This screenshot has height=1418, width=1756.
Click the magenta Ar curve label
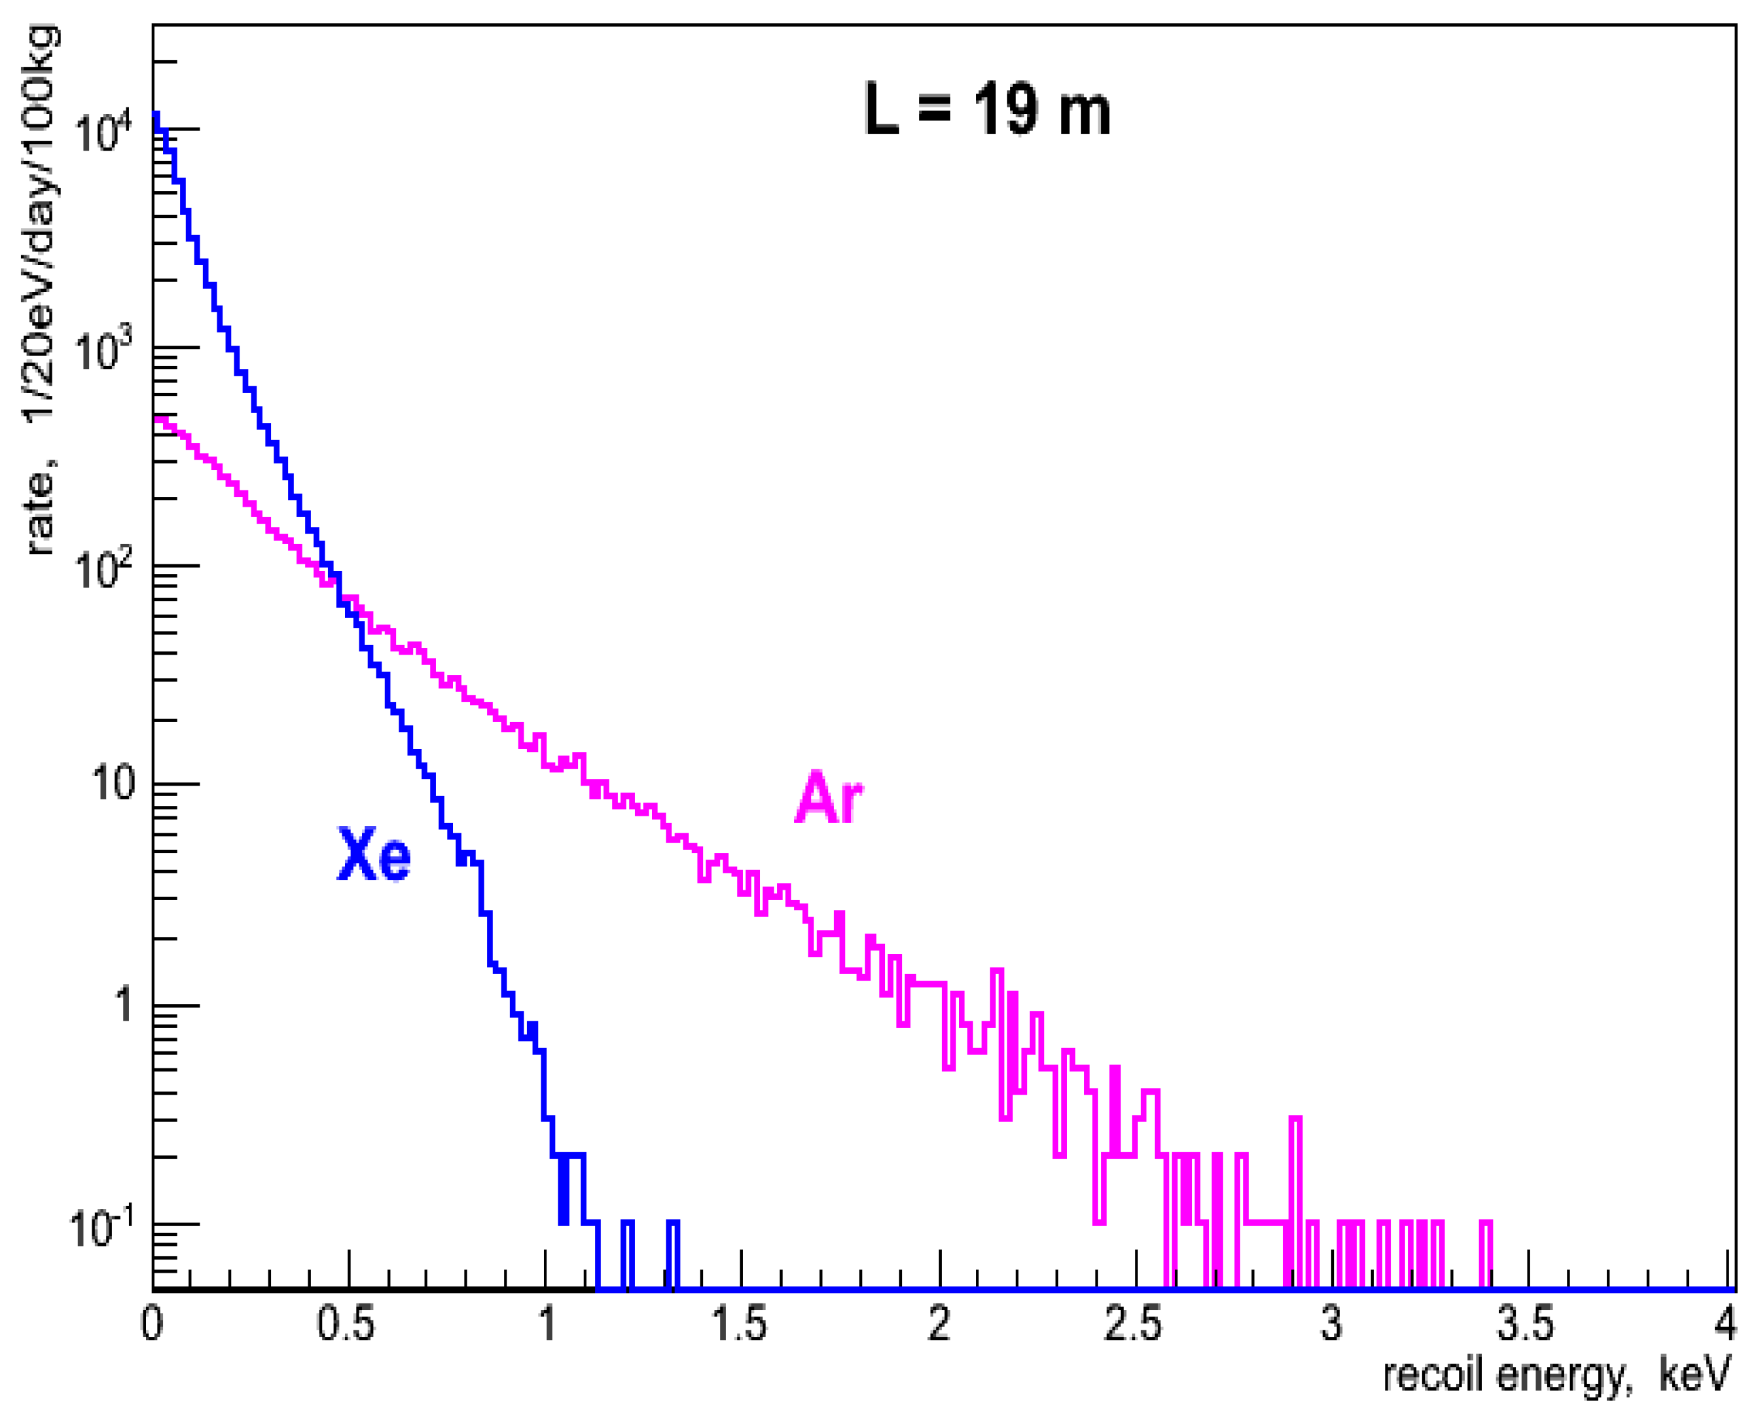coord(828,798)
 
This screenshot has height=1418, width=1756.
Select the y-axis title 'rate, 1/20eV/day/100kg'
coord(41,290)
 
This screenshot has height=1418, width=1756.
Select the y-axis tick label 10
coord(113,784)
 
